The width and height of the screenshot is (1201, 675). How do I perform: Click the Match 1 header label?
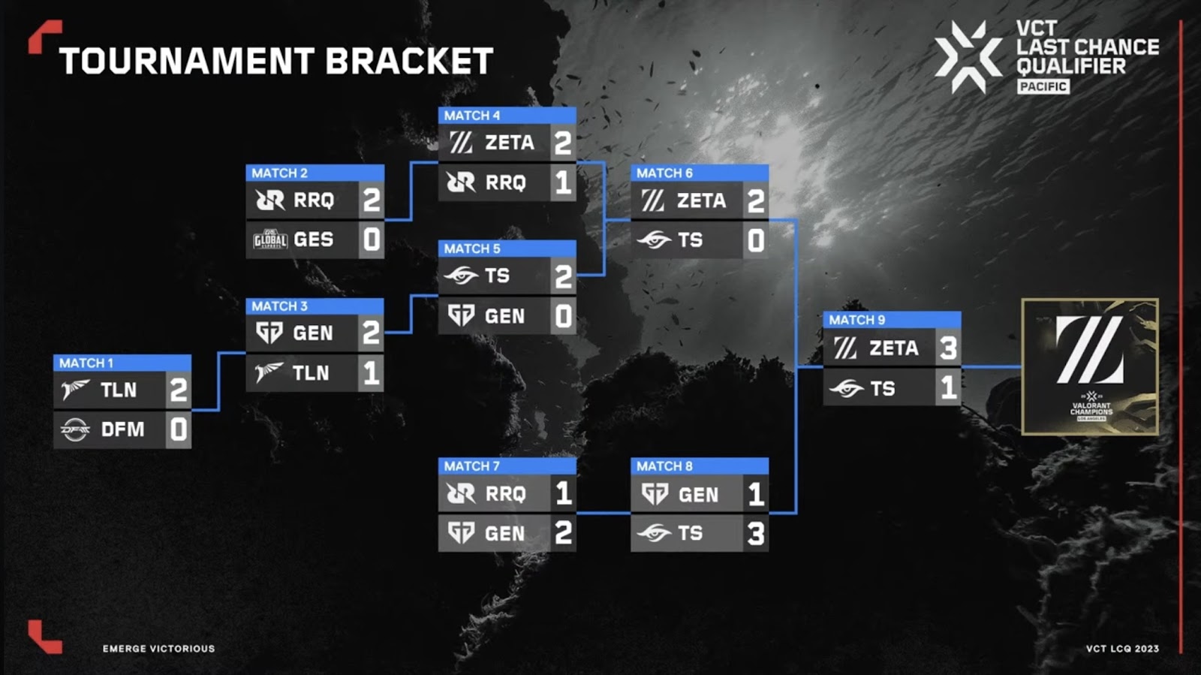pyautogui.click(x=86, y=363)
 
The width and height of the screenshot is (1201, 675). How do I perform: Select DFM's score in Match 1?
pyautogui.click(x=179, y=429)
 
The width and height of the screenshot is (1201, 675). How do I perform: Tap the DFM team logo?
pyautogui.click(x=75, y=429)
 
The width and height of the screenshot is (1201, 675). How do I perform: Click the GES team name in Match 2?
pyautogui.click(x=314, y=240)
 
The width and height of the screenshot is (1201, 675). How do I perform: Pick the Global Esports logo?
pyautogui.click(x=270, y=240)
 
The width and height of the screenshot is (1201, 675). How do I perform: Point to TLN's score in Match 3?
pyautogui.click(x=372, y=372)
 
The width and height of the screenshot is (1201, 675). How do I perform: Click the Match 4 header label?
pyautogui.click(x=472, y=116)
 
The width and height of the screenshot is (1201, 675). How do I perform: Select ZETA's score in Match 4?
pyautogui.click(x=563, y=143)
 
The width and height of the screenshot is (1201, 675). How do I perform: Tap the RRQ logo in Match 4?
pyautogui.click(x=461, y=182)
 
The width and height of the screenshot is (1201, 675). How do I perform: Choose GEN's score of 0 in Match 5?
pyautogui.click(x=563, y=316)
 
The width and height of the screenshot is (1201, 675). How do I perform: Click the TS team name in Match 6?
pyautogui.click(x=691, y=240)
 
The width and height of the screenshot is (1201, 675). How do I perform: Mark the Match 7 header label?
pyautogui.click(x=472, y=466)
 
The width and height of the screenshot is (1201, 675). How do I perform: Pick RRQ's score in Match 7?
pyautogui.click(x=564, y=493)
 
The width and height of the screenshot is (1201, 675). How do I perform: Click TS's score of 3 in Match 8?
pyautogui.click(x=756, y=533)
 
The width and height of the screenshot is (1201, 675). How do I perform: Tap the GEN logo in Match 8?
pyautogui.click(x=655, y=494)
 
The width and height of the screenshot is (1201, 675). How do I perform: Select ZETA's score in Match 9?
pyautogui.click(x=949, y=348)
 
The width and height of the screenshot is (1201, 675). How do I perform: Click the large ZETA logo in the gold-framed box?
pyautogui.click(x=1090, y=350)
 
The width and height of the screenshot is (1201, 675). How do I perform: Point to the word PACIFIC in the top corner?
pyautogui.click(x=1043, y=86)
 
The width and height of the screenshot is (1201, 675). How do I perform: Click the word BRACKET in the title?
pyautogui.click(x=409, y=61)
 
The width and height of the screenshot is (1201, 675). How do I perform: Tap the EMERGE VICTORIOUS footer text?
pyautogui.click(x=158, y=649)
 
